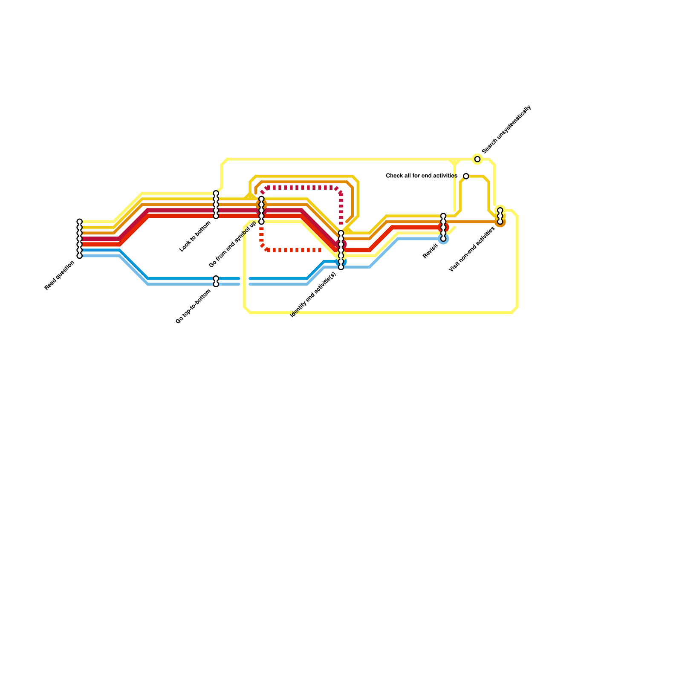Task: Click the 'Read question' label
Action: click(x=60, y=276)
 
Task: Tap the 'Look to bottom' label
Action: click(x=196, y=236)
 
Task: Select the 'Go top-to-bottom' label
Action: click(x=194, y=306)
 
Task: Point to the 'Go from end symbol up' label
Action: click(x=233, y=244)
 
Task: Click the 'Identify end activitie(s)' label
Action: click(x=313, y=295)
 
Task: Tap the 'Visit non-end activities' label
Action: click(x=472, y=249)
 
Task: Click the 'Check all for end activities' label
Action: click(x=422, y=176)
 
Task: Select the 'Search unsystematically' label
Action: click(x=506, y=130)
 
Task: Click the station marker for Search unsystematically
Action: click(x=477, y=159)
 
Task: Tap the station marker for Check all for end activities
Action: click(x=466, y=176)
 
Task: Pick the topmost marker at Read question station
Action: click(x=79, y=222)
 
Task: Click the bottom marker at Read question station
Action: click(x=79, y=256)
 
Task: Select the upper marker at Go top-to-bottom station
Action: click(x=216, y=278)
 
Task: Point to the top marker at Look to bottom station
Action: click(x=216, y=194)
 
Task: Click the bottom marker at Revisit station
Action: click(x=443, y=239)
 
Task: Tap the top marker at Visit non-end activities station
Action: click(x=500, y=210)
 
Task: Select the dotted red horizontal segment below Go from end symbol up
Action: click(x=294, y=250)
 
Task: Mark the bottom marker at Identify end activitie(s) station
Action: click(x=341, y=267)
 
